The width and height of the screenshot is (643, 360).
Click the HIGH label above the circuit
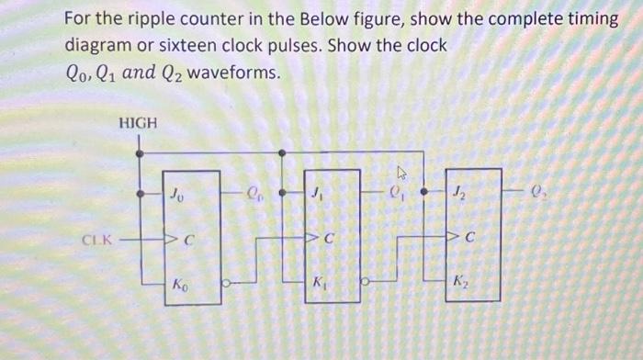(x=138, y=122)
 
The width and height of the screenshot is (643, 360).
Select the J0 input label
(x=176, y=194)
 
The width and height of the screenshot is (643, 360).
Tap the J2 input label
(x=457, y=194)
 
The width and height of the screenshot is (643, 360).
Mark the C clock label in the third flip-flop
(x=469, y=241)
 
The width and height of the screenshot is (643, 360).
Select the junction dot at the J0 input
(x=140, y=195)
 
